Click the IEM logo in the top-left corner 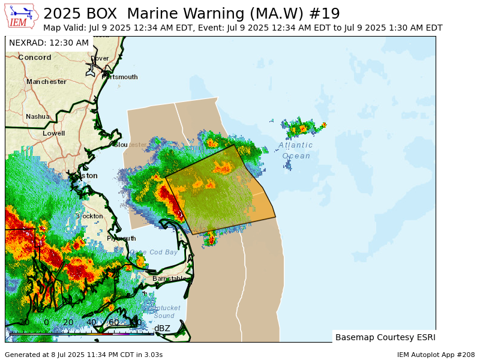coord(22,16)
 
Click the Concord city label coord(34,58)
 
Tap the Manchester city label coord(46,82)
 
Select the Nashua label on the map coord(38,116)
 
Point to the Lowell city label coord(53,133)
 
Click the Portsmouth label coord(119,77)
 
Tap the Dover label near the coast coord(100,58)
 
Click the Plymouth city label coord(121,238)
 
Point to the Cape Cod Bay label coord(154,252)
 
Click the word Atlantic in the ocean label coord(296,145)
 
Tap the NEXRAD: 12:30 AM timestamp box coord(49,43)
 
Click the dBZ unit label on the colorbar coord(162,328)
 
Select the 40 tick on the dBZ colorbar coord(91,323)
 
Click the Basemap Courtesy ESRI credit coord(385,337)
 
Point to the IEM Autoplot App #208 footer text coord(436,355)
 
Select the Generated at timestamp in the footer coord(83,355)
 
